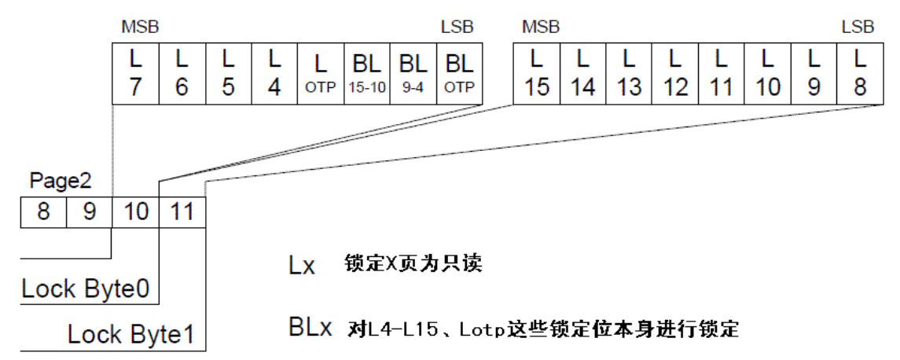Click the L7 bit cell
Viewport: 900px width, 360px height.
[x=135, y=72]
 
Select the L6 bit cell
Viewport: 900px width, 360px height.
[x=182, y=72]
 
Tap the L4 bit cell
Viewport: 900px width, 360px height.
[x=274, y=72]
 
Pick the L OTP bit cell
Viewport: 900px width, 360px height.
[x=321, y=72]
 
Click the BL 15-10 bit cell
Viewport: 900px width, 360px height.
[x=366, y=72]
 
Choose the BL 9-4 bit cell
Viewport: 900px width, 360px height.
[x=413, y=72]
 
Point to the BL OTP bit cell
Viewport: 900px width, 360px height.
[x=459, y=72]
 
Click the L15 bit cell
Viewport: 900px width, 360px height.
[x=537, y=72]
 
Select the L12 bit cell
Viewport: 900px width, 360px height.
[x=675, y=72]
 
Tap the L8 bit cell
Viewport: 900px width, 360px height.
[x=860, y=72]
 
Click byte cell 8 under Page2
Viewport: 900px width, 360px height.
[x=43, y=211]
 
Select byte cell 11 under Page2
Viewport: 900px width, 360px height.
[x=182, y=211]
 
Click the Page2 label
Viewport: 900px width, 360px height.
[x=61, y=182]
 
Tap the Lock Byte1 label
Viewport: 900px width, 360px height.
[x=130, y=335]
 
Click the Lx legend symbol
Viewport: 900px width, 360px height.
[x=302, y=266]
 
